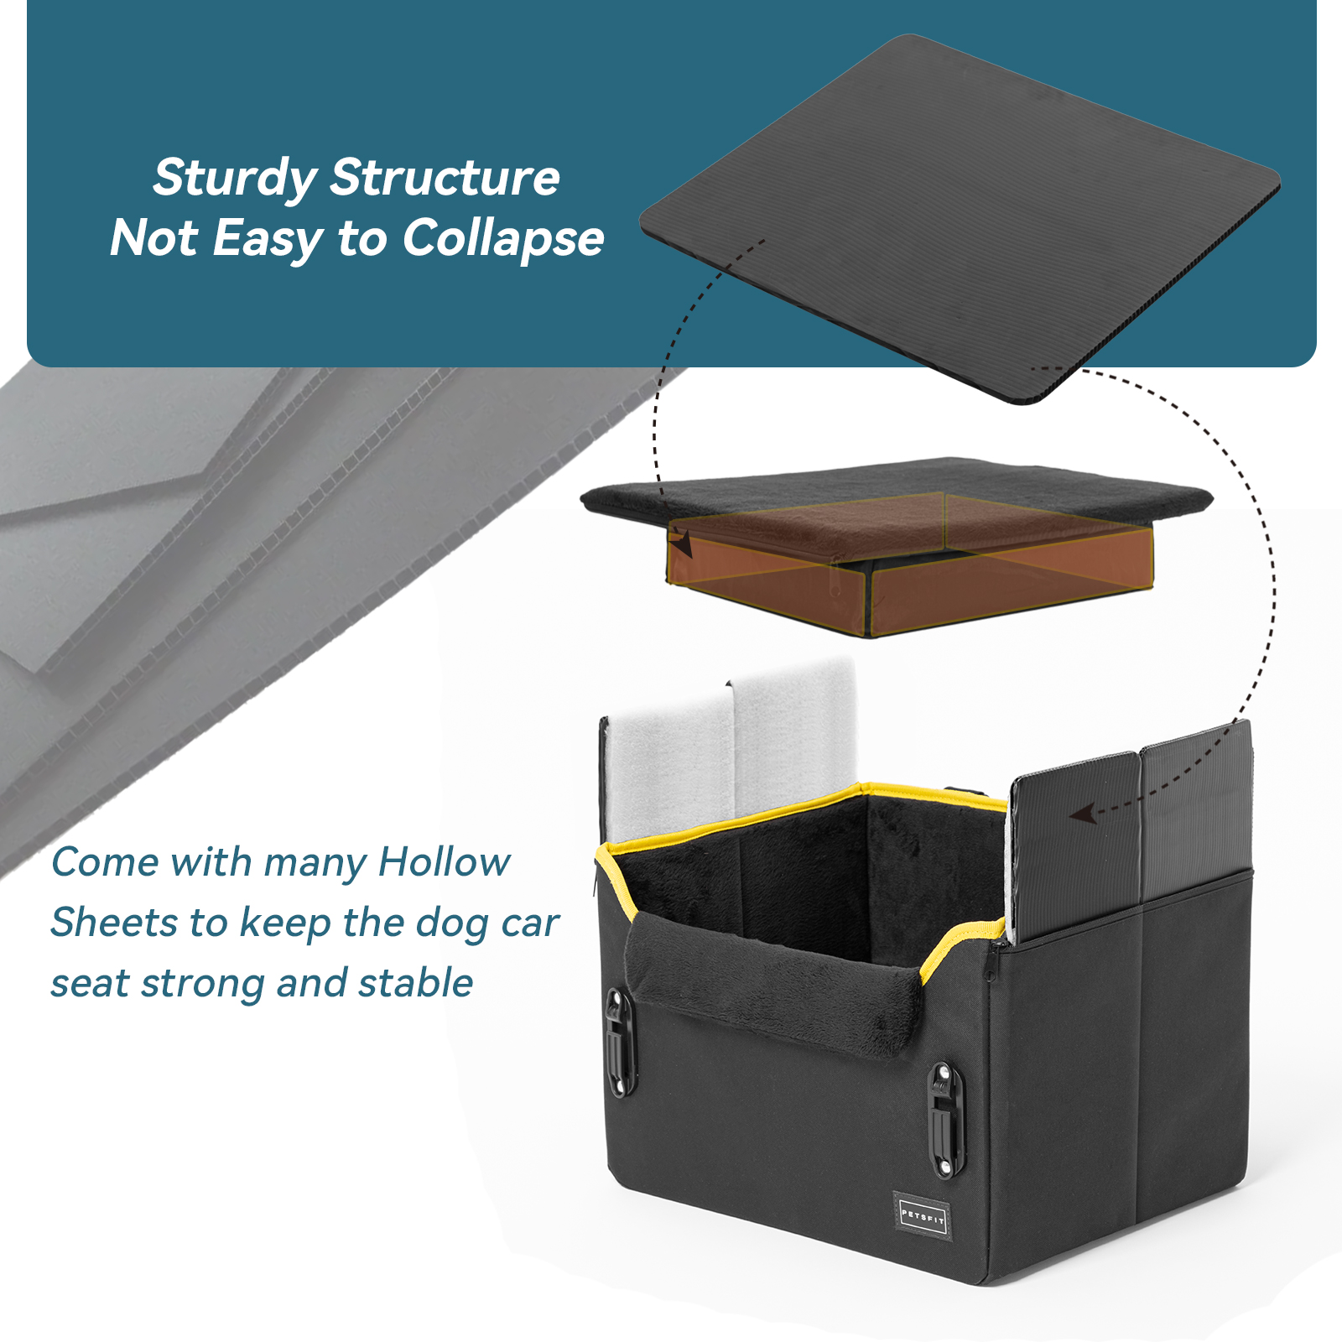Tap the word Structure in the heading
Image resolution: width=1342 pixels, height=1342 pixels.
(445, 178)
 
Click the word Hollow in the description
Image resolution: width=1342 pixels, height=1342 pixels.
(445, 862)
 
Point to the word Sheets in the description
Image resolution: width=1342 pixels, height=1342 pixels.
(115, 923)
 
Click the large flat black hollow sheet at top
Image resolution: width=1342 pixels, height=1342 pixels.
(960, 218)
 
